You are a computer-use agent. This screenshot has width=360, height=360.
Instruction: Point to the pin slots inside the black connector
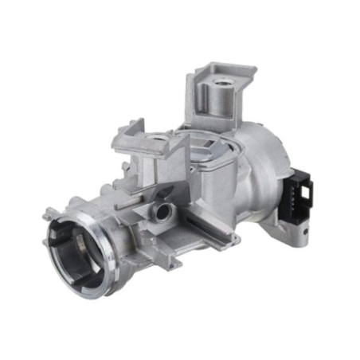click(x=306, y=196)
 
